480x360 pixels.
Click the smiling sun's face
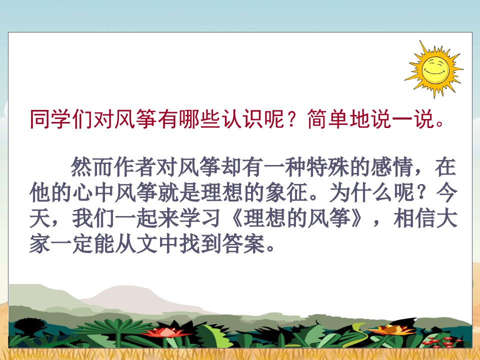[435, 70]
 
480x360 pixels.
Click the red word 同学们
[61, 119]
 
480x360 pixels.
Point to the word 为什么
[361, 193]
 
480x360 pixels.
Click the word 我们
[93, 218]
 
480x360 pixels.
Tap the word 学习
[200, 218]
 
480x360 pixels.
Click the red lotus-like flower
[166, 332]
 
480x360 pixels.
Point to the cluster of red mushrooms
[441, 342]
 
